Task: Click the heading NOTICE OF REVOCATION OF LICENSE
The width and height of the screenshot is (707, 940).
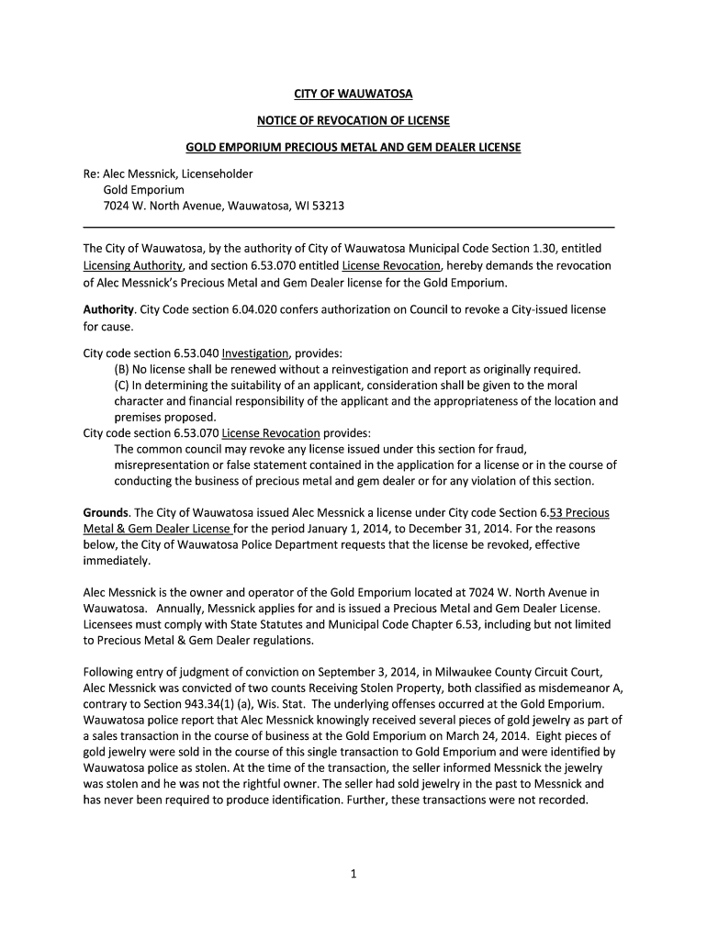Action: click(353, 120)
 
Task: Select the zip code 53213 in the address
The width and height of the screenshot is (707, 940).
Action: click(327, 206)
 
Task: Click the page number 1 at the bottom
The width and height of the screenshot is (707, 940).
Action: click(353, 874)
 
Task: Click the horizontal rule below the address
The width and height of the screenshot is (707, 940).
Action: click(349, 226)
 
